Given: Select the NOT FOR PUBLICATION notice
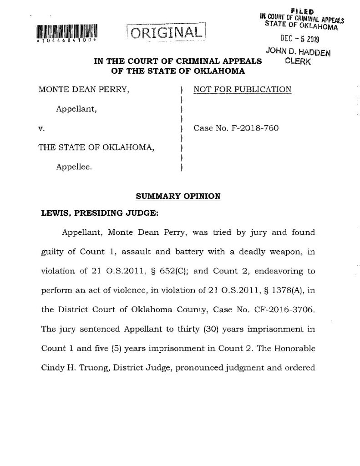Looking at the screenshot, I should pyautogui.click(x=242, y=89).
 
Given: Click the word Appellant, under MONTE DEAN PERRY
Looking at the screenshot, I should pyautogui.click(x=76, y=109).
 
